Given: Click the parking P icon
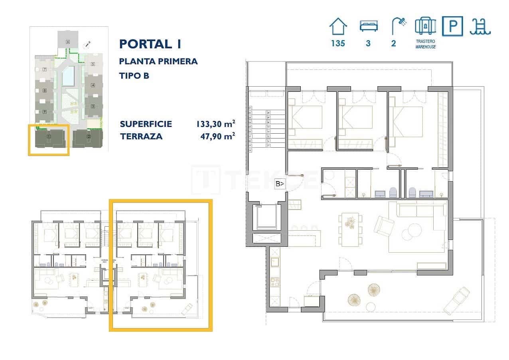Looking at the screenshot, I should click(x=452, y=26).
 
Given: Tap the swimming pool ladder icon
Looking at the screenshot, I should click(x=480, y=26).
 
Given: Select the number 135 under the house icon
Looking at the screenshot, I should click(x=338, y=44).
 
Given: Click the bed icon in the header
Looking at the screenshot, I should click(x=368, y=26).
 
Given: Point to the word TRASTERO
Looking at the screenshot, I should click(x=425, y=41).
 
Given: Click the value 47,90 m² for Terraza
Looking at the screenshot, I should click(x=217, y=136).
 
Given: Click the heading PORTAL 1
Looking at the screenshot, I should click(x=150, y=44).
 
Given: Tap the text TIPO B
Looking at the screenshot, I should click(x=134, y=75).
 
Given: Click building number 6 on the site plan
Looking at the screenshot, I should click(x=68, y=42).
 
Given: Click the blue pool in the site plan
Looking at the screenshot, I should click(x=68, y=76).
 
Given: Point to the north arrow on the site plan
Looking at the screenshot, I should click(x=87, y=45).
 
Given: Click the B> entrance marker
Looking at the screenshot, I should click(x=280, y=184).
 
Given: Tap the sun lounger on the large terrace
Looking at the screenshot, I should click(x=456, y=301).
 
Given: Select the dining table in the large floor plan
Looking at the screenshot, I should click(x=351, y=229).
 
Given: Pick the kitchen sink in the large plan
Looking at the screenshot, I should click(x=275, y=262).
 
